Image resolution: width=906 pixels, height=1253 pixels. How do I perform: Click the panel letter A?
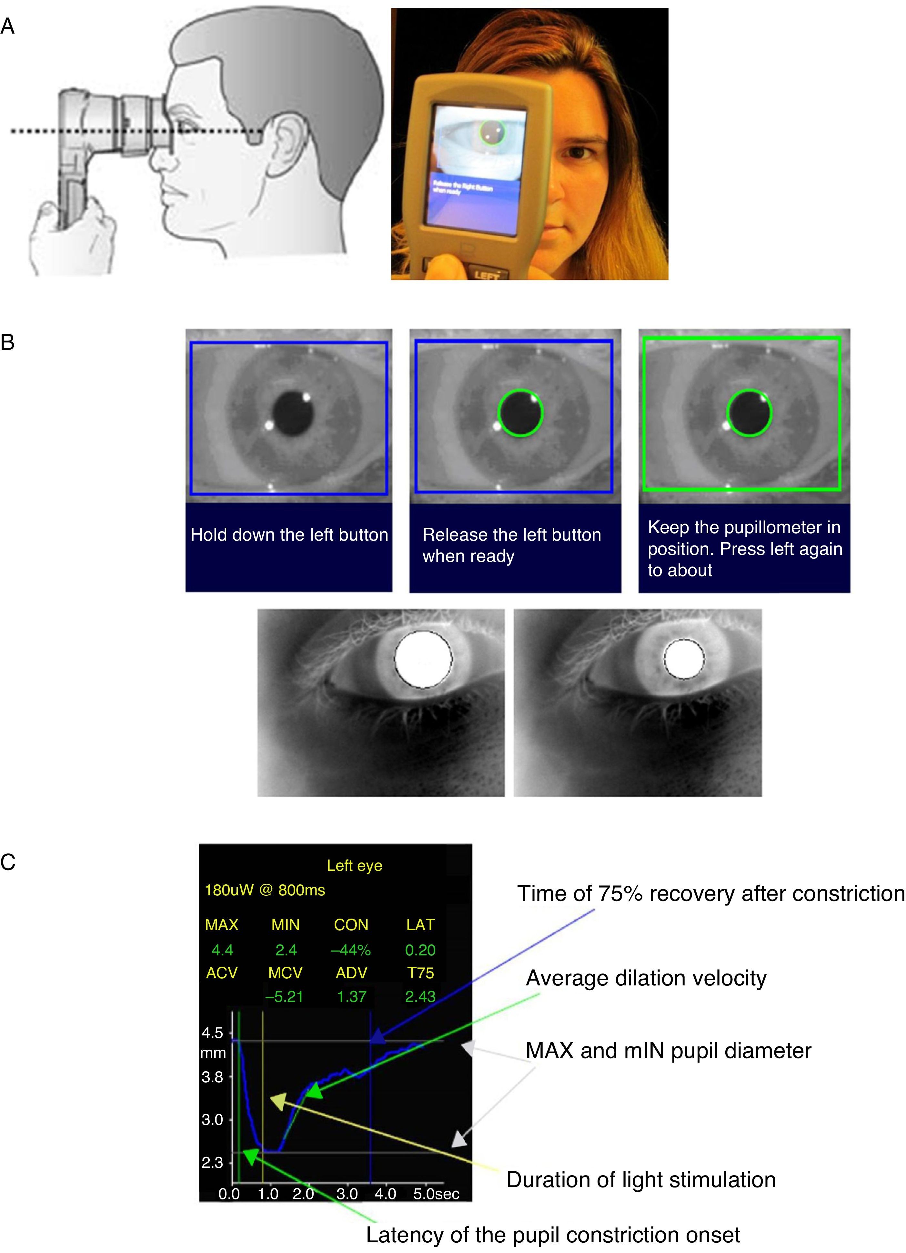pos(8,26)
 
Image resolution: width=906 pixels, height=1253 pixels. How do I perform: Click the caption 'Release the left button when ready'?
pos(512,545)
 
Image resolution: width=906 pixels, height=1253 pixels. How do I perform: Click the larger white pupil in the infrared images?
pos(423,660)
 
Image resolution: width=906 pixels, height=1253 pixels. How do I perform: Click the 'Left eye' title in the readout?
pos(355,866)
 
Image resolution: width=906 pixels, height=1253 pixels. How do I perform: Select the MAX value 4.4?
pos(223,950)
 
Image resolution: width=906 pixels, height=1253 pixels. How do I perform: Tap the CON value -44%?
pos(351,950)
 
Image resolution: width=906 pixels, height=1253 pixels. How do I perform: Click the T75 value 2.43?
pos(420,997)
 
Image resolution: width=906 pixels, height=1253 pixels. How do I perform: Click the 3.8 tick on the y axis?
pos(213,1077)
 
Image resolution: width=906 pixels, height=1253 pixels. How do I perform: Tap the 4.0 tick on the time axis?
pos(385,1194)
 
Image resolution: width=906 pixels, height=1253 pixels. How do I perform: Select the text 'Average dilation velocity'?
pos(646,978)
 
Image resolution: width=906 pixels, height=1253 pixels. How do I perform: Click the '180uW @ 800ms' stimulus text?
pos(265,891)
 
